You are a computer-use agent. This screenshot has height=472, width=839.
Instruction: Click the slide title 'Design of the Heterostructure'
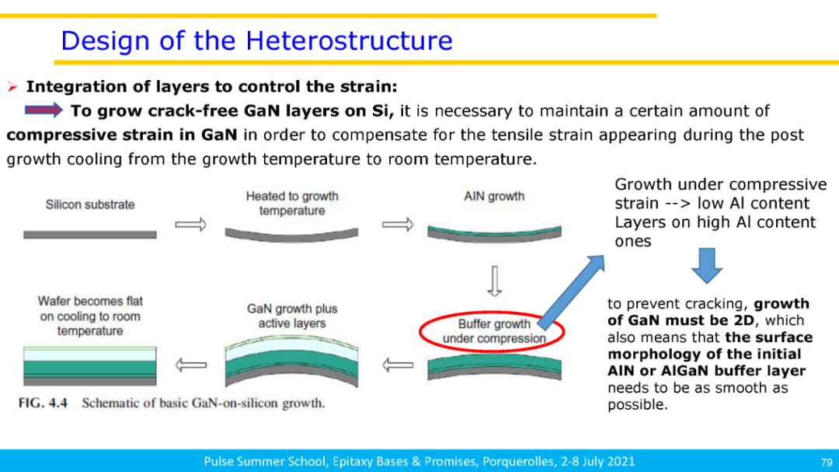pyautogui.click(x=257, y=40)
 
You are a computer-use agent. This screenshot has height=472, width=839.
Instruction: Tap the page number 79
pyautogui.click(x=826, y=463)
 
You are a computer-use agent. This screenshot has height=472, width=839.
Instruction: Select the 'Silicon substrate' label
pyautogui.click(x=90, y=205)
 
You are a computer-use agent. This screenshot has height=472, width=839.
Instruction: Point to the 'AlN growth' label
pyautogui.click(x=494, y=196)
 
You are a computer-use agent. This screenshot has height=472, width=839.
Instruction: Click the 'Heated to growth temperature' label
pyautogui.click(x=292, y=204)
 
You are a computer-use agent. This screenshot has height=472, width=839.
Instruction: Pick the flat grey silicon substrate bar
pyautogui.click(x=90, y=235)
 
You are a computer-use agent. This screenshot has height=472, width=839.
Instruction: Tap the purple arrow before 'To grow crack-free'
pyautogui.click(x=44, y=110)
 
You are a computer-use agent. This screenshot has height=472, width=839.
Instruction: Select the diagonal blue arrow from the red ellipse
pyautogui.click(x=572, y=292)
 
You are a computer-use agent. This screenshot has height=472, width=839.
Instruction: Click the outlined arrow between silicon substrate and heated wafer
pyautogui.click(x=190, y=225)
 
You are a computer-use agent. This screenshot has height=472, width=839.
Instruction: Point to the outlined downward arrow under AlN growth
pyautogui.click(x=494, y=281)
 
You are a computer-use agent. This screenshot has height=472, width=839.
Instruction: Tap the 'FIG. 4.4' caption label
pyautogui.click(x=43, y=403)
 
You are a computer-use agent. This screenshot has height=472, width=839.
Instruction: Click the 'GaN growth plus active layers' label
pyautogui.click(x=292, y=316)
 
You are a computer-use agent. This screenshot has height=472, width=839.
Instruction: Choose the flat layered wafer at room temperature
pyautogui.click(x=90, y=366)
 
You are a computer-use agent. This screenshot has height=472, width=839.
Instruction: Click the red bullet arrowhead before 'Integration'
pyautogui.click(x=12, y=87)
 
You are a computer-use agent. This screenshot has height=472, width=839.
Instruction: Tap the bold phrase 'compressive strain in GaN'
pyautogui.click(x=122, y=135)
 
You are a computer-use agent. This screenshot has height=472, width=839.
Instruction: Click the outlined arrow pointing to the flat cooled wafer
pyautogui.click(x=190, y=366)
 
